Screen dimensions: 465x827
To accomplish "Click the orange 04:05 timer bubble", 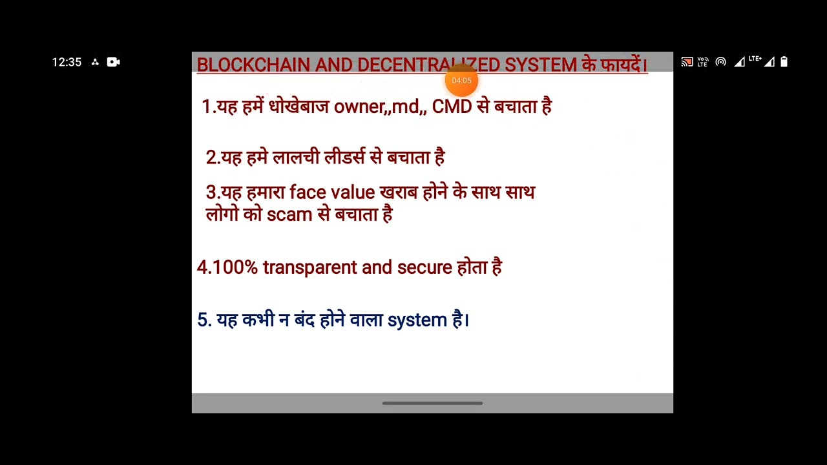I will tap(461, 81).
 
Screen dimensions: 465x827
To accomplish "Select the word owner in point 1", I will tap(359, 107).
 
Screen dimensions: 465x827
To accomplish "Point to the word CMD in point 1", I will tap(452, 107).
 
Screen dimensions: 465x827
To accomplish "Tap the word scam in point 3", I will tap(289, 214).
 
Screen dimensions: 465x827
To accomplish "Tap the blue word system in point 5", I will tap(417, 320).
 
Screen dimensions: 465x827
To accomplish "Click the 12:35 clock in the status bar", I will tap(67, 62).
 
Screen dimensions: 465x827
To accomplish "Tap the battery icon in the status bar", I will tap(784, 62).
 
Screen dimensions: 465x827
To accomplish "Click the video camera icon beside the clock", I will tap(113, 62).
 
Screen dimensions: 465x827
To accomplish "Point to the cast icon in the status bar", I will tap(687, 62).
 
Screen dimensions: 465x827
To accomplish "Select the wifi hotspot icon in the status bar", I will tap(720, 62).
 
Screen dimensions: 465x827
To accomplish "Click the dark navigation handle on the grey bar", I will tap(432, 403).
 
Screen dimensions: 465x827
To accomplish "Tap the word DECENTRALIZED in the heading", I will tap(428, 65).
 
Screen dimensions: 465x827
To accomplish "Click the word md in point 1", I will tap(405, 107).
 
